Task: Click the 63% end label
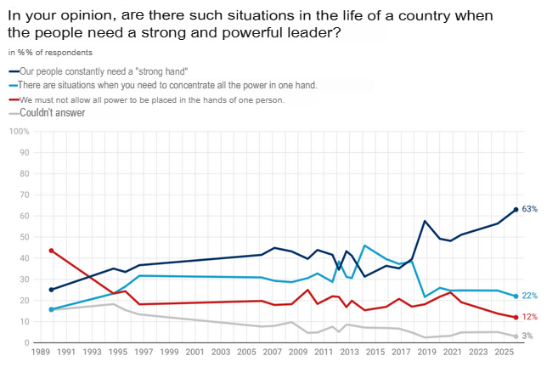[x=529, y=209]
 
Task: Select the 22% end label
[x=529, y=296]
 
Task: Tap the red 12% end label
[x=529, y=317]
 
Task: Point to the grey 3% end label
[x=527, y=337]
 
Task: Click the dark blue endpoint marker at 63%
[x=516, y=210]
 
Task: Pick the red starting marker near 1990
[x=51, y=251]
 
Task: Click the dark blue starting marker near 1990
[x=51, y=290]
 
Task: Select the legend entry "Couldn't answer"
[x=52, y=112]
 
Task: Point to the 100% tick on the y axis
[x=20, y=132]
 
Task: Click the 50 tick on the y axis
[x=24, y=237]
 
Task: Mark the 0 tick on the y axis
[x=27, y=342]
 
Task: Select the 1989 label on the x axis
[x=39, y=351]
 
